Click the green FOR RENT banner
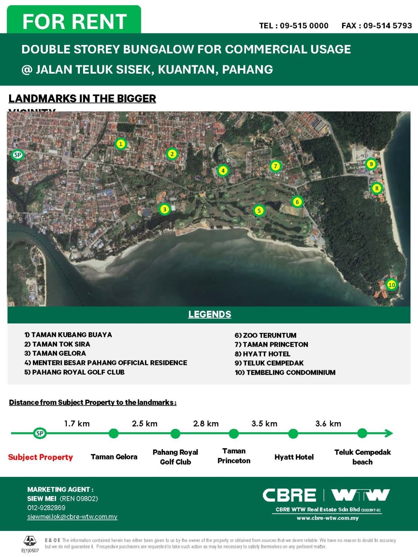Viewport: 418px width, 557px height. click(x=74, y=21)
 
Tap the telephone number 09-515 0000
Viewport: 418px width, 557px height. click(x=304, y=26)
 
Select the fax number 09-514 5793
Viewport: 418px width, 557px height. click(x=387, y=26)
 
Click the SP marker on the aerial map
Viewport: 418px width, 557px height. click(x=17, y=155)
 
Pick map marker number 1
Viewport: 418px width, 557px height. click(x=121, y=144)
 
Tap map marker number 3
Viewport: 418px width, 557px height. click(x=164, y=209)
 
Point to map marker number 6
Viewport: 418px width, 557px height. click(x=297, y=202)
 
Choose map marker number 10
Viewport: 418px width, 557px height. click(x=392, y=285)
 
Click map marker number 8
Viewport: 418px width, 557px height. click(x=377, y=188)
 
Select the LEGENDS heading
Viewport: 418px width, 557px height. click(x=209, y=314)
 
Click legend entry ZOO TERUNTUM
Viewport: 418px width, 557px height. click(x=266, y=335)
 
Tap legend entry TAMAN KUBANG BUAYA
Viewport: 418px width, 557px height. click(x=68, y=335)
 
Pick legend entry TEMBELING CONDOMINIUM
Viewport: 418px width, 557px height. click(x=285, y=372)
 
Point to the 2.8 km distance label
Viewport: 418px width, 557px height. click(x=206, y=424)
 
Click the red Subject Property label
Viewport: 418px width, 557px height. click(x=40, y=457)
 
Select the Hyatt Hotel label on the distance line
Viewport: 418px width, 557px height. click(x=294, y=457)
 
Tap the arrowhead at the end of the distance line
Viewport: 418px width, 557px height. click(x=389, y=433)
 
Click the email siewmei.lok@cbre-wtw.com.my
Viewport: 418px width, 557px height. click(x=72, y=517)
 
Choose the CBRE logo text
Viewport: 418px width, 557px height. click(x=289, y=495)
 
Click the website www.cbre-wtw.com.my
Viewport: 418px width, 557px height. click(x=328, y=518)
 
